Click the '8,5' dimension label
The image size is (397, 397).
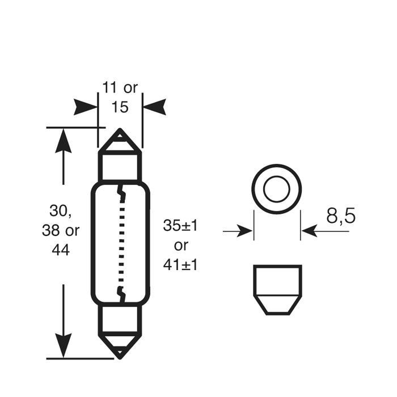pyautogui.click(x=340, y=216)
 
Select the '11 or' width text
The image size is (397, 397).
pyautogui.click(x=120, y=88)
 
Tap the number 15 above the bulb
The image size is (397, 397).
pyautogui.click(x=120, y=107)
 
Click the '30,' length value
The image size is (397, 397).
pyautogui.click(x=61, y=211)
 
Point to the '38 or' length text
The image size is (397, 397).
pyautogui.click(x=61, y=230)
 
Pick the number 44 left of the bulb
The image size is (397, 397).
pyautogui.click(x=61, y=249)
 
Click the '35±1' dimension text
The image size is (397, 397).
pyautogui.click(x=180, y=225)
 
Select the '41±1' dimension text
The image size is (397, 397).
pyautogui.click(x=180, y=264)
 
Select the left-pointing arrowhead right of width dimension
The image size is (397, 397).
pyautogui.click(x=154, y=107)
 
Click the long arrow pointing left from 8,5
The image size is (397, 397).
pyautogui.click(x=320, y=231)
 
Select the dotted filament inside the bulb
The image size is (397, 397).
pyautogui.click(x=120, y=244)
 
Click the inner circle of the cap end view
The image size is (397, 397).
pyautogui.click(x=277, y=189)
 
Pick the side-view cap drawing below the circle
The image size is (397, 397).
pyautogui.click(x=277, y=289)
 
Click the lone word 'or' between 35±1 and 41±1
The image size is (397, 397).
pyautogui.click(x=180, y=245)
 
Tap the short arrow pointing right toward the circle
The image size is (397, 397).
pyautogui.click(x=238, y=231)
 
